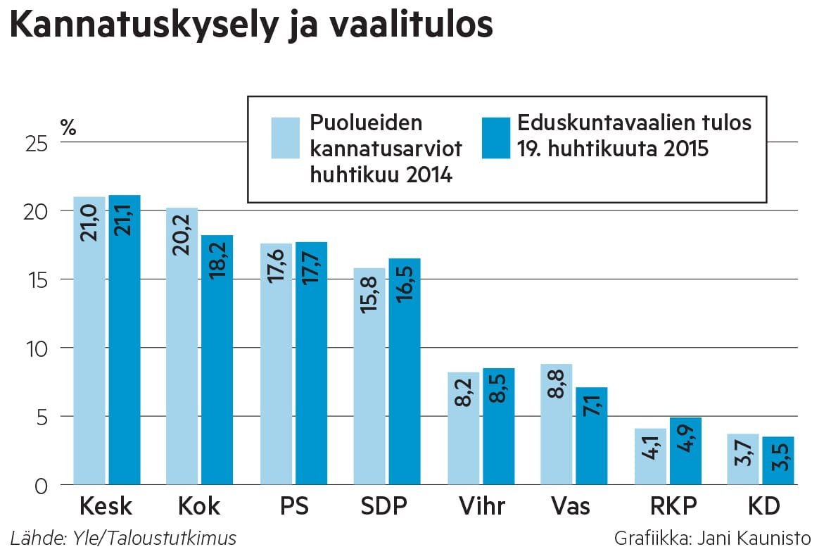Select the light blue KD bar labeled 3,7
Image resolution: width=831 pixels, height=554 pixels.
pyautogui.click(x=743, y=461)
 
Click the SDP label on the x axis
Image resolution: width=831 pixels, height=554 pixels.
pyautogui.click(x=386, y=508)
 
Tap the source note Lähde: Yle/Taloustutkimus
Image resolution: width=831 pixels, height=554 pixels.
pyautogui.click(x=123, y=539)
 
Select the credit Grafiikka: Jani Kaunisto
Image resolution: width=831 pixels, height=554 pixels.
pyautogui.click(x=712, y=539)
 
